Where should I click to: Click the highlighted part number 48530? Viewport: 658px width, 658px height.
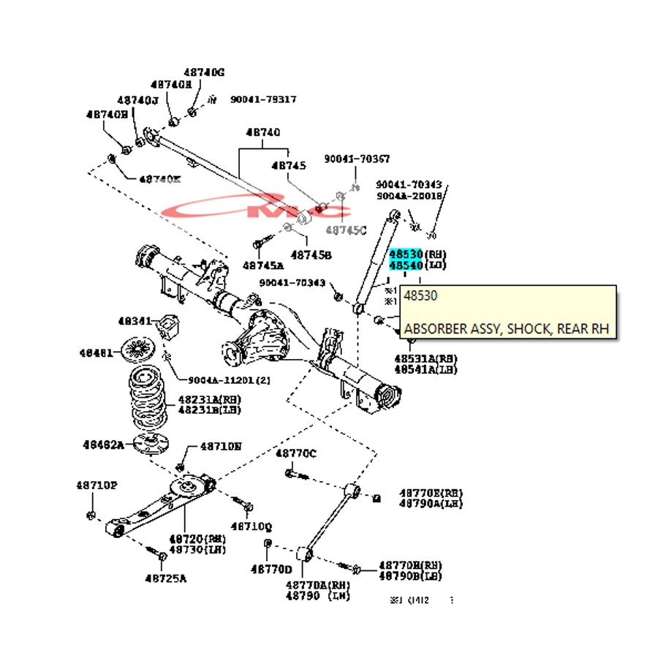pos(406,254)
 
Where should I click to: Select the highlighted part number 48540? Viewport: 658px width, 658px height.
pos(406,265)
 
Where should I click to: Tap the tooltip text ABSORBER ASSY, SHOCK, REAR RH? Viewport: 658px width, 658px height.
pos(506,328)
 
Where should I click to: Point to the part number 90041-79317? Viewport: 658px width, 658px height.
pos(263,99)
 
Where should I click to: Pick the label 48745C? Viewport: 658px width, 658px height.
pos(346,230)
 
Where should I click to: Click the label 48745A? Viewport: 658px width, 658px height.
pos(263,265)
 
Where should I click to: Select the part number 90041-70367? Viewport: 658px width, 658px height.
pos(357,159)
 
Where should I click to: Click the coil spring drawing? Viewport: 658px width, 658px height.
pos(148,401)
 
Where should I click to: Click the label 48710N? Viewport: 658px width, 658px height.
pos(221,446)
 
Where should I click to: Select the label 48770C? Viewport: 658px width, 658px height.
pos(295,454)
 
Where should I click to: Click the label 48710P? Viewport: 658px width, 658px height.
pos(97,485)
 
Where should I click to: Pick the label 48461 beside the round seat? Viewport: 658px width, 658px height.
pos(96,353)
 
